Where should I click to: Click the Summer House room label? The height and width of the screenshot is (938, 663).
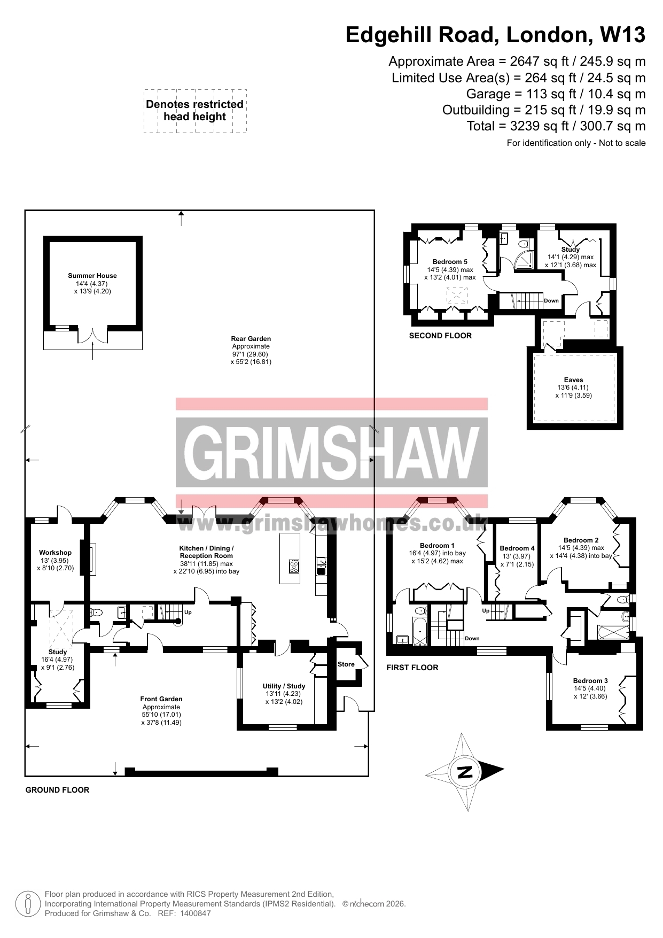[x=92, y=276]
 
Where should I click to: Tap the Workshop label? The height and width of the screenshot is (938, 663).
[x=55, y=553]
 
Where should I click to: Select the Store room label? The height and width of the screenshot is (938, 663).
[x=346, y=664]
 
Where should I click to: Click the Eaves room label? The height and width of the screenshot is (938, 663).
[x=574, y=380]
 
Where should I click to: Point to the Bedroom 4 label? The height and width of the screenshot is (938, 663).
[x=517, y=548]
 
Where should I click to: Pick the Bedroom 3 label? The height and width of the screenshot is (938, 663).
[x=590, y=681]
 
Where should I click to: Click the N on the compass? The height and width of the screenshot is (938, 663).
[x=465, y=772]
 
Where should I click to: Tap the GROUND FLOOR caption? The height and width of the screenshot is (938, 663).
[x=57, y=790]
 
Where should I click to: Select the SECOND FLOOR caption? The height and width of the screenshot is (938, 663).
[x=440, y=336]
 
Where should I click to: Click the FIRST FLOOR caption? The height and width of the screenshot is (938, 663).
[x=412, y=668]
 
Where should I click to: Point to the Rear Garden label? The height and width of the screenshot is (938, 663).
[x=251, y=339]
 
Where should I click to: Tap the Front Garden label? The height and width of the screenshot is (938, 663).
[x=161, y=699]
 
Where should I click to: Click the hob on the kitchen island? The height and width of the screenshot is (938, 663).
[x=294, y=566]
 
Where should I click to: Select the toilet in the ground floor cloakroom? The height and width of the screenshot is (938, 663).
[x=96, y=613]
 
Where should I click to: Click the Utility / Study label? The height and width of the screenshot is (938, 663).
[x=284, y=686]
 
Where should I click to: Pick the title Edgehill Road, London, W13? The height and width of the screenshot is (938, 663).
[x=495, y=35]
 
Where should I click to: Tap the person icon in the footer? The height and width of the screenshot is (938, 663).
[x=28, y=904]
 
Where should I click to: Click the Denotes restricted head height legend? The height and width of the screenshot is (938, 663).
[x=195, y=111]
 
